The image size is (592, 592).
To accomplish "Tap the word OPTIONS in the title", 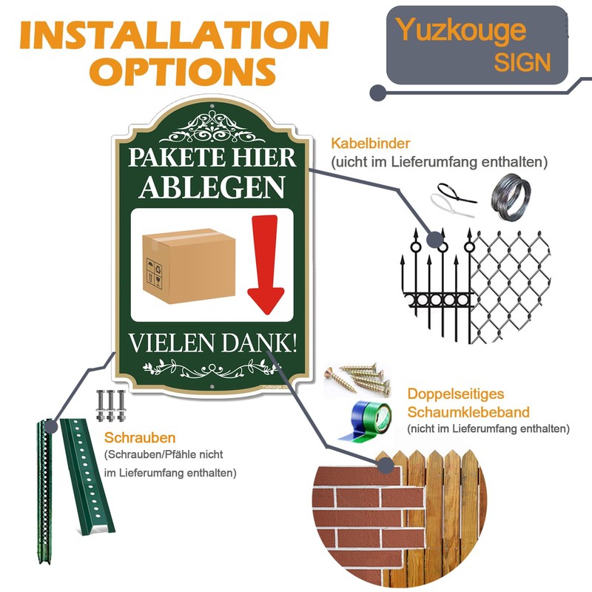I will tap(186, 70).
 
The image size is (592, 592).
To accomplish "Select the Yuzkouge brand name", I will tap(461, 30).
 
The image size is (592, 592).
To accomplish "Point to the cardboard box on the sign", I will tap(188, 266).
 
